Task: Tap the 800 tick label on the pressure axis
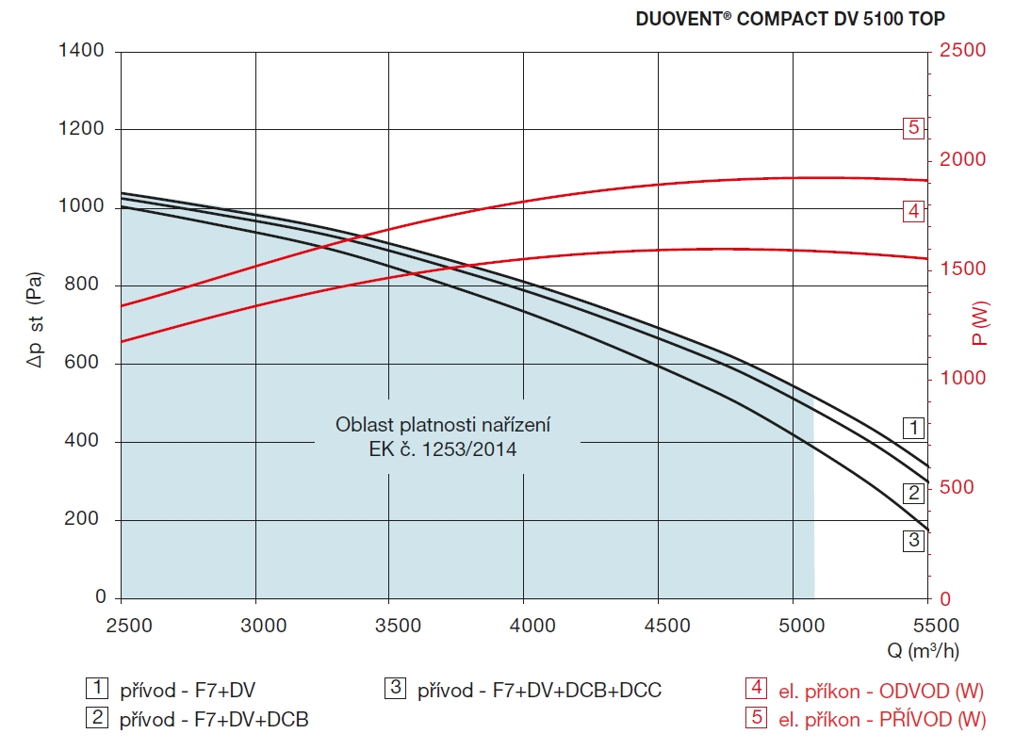pos(87,285)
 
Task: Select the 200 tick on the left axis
pos(87,520)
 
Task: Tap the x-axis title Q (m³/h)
pos(923,650)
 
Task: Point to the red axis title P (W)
pos(982,323)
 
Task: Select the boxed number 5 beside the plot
pos(912,128)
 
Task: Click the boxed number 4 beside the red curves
pos(912,211)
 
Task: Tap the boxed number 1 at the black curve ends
pos(912,428)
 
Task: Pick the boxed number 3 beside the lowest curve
pos(912,541)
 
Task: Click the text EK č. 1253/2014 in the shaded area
pos(443,450)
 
